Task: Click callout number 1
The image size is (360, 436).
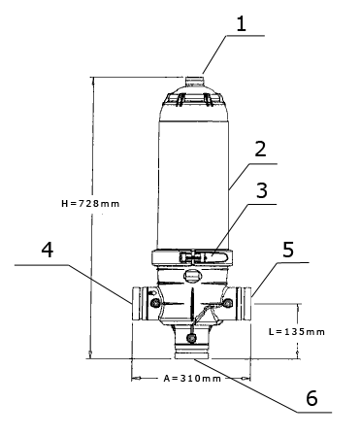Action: tap(242, 23)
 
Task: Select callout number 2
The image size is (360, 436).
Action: tap(260, 150)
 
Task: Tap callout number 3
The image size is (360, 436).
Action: tap(262, 190)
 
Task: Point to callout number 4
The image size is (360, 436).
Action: tap(48, 251)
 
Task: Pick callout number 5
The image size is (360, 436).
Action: tap(288, 250)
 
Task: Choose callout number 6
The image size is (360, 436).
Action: tap(311, 398)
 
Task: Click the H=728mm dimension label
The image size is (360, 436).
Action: tap(90, 204)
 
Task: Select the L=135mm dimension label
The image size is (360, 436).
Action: tap(297, 332)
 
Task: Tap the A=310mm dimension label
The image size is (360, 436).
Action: tap(192, 379)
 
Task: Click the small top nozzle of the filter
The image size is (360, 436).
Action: tap(195, 81)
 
